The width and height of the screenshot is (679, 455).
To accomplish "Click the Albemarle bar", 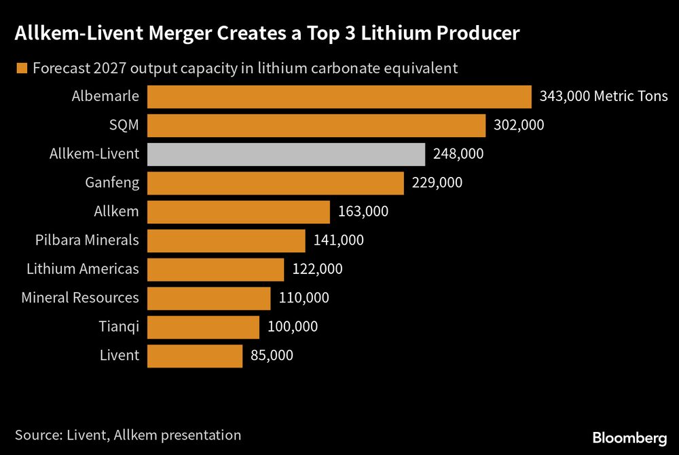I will (339, 96).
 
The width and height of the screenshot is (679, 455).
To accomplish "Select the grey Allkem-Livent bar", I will (286, 154).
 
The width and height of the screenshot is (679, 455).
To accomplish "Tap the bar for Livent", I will (194, 355).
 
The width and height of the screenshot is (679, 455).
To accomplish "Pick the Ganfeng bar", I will (275, 183).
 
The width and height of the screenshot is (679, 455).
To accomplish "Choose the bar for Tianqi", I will (203, 327).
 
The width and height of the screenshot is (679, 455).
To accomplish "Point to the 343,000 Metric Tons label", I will (604, 96).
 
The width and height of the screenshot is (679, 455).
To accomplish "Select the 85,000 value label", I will (272, 355).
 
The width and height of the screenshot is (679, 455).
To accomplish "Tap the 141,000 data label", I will (339, 240).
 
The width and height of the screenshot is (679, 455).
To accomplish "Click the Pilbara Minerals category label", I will (87, 240).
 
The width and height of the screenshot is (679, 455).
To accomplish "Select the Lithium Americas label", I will (83, 269).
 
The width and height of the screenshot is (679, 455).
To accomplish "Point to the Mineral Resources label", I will (80, 298).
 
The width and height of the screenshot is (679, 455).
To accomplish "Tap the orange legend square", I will (21, 68).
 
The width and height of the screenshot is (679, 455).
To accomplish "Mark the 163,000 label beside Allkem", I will (363, 212).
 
